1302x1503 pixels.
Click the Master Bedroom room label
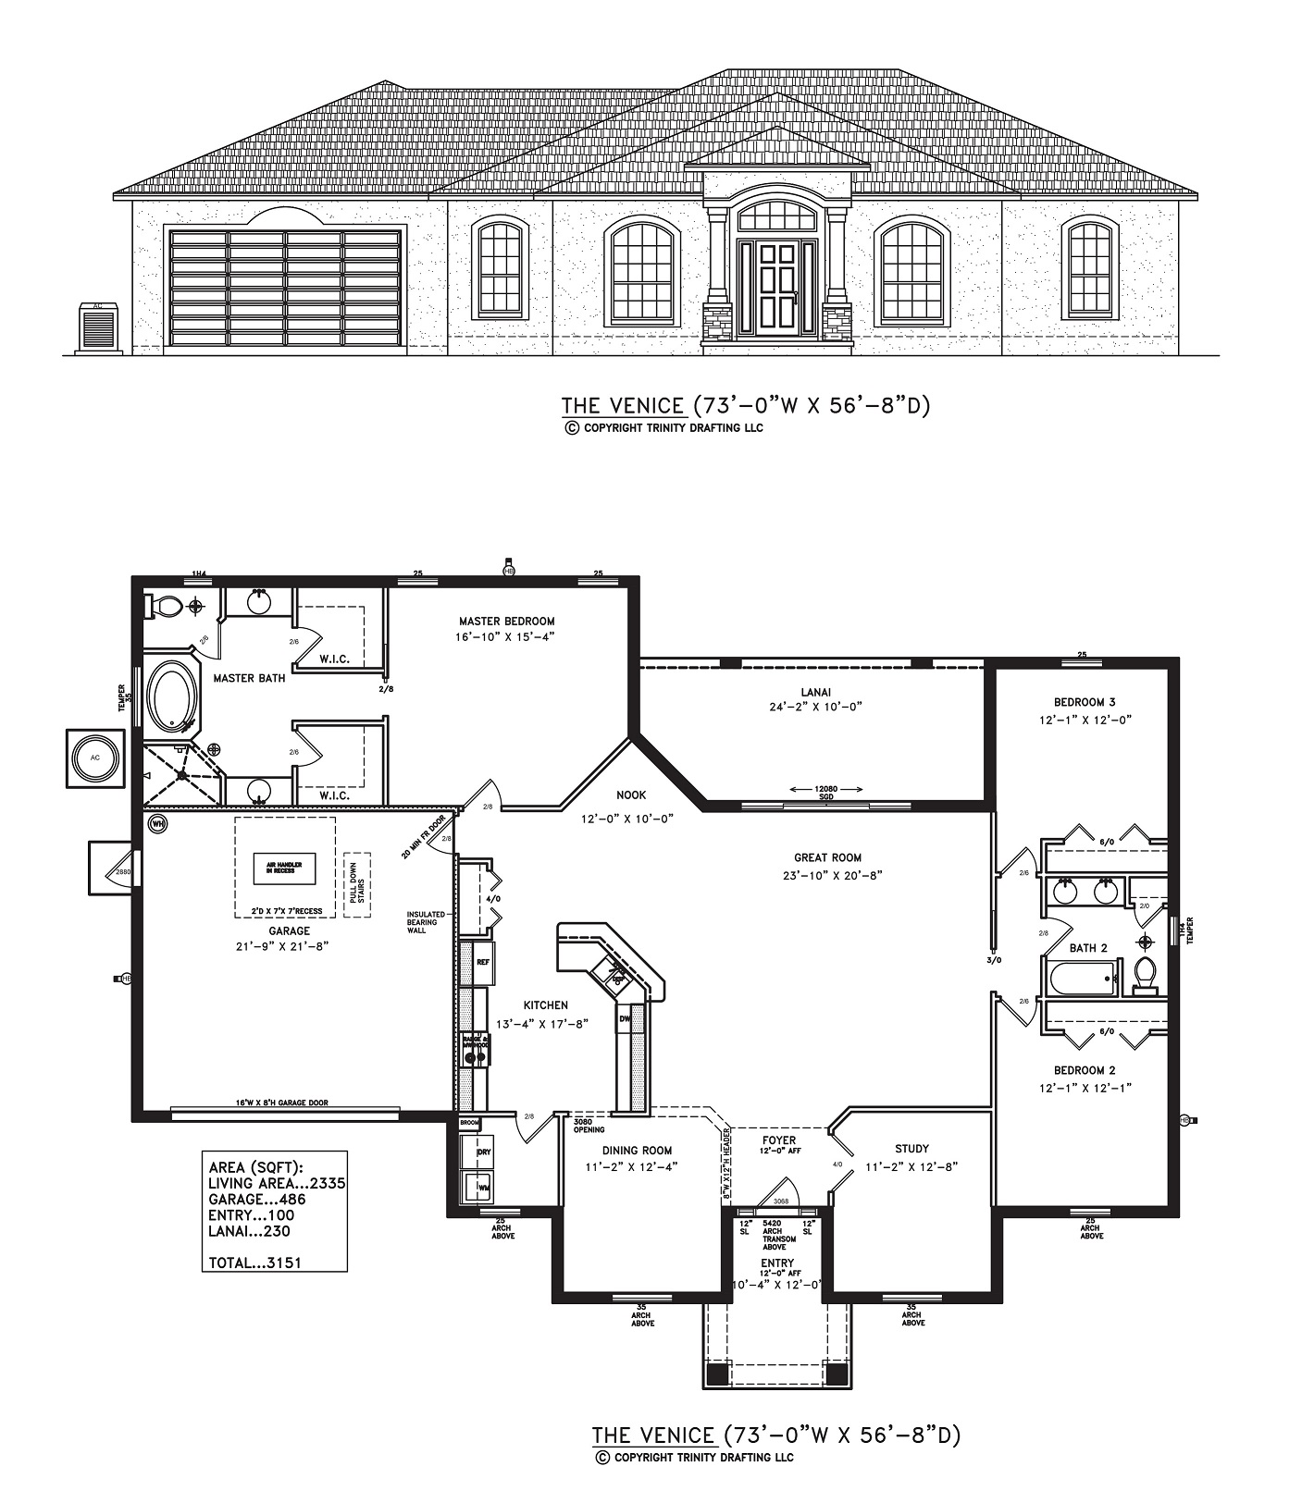[x=506, y=621]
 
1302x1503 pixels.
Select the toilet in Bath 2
[x=1146, y=975]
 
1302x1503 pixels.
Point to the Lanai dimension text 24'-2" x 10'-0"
[x=815, y=707]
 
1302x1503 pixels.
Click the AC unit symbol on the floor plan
[x=94, y=758]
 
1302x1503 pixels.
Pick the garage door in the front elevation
[x=285, y=289]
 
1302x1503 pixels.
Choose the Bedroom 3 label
[x=1085, y=702]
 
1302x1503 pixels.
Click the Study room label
[x=911, y=1150]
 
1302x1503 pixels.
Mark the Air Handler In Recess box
[x=285, y=869]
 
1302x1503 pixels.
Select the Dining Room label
[x=637, y=1151]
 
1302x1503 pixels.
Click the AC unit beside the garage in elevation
[x=98, y=327]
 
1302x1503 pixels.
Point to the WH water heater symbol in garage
[x=157, y=823]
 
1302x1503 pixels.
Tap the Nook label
[x=632, y=795]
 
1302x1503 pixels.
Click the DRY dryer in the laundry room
[x=483, y=1152]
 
